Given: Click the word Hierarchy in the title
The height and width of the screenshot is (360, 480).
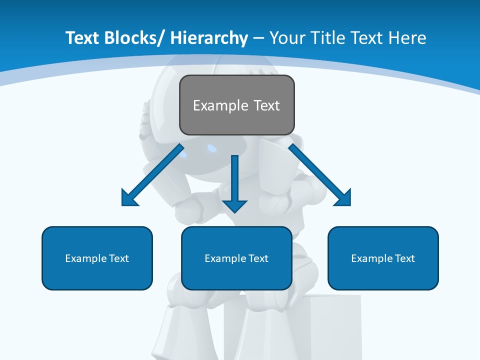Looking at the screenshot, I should click(x=208, y=38).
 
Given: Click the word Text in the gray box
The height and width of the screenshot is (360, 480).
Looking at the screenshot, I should click(x=265, y=105).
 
